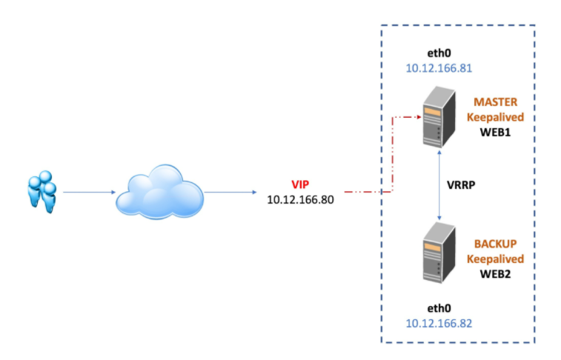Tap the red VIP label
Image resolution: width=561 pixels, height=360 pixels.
pos(301,184)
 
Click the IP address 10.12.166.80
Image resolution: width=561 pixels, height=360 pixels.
pos(301,199)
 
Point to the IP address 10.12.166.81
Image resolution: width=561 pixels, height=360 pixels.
pos(439,68)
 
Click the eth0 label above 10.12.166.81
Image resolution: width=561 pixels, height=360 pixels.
pos(439,53)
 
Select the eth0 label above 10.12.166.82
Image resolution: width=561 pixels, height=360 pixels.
pos(439,307)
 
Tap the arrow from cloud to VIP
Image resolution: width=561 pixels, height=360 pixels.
pos(231,192)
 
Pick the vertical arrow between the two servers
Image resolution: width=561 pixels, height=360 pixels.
pos(441,182)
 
